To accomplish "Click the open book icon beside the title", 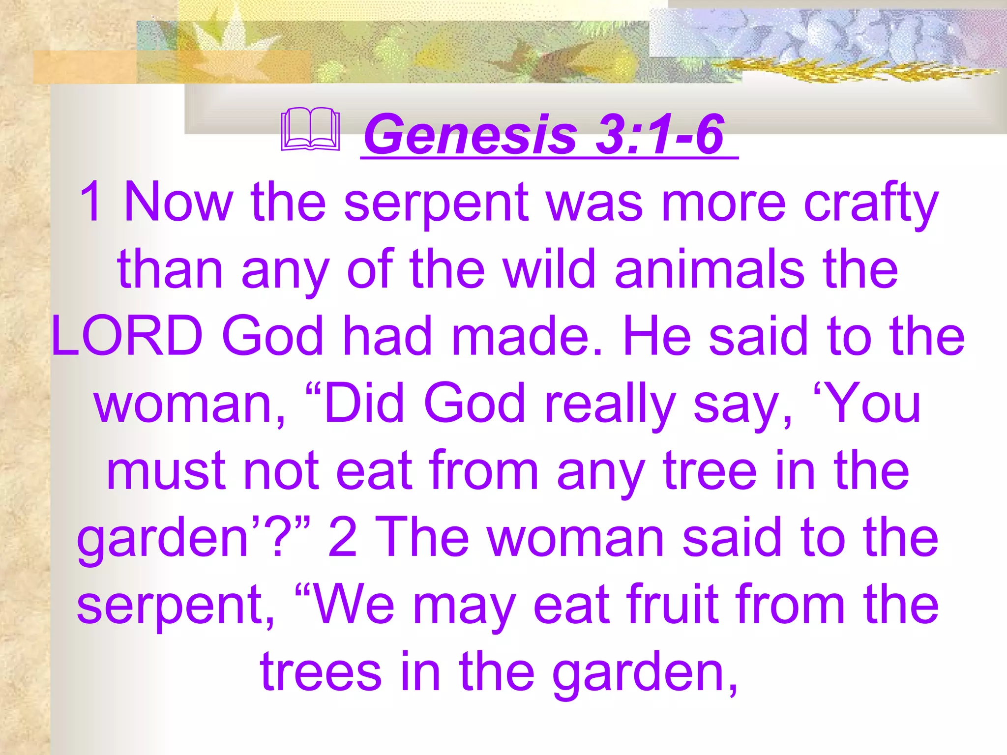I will [x=310, y=130].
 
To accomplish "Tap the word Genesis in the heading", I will [x=470, y=134].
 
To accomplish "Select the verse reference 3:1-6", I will [x=659, y=134].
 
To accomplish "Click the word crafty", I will [x=871, y=203].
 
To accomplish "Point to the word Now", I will [x=178, y=203].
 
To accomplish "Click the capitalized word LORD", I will [x=127, y=336].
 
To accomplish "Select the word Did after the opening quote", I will [x=363, y=403].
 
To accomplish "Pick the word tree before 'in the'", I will [x=710, y=471].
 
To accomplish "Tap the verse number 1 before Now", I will [x=91, y=203].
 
